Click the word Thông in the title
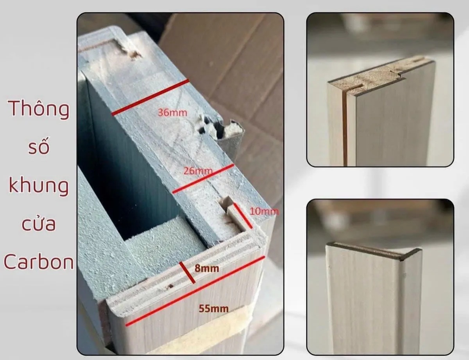coord(39,109)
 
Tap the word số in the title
coord(39,146)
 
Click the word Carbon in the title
coord(39,262)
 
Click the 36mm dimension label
coord(172,113)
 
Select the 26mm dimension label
coord(198,171)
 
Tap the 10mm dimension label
coord(264,211)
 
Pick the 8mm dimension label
coord(207,268)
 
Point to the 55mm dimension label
coord(214,309)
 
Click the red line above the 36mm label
coord(150,97)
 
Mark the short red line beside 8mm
coord(187,272)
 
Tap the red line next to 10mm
coord(243,216)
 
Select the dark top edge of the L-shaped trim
coord(373,251)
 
